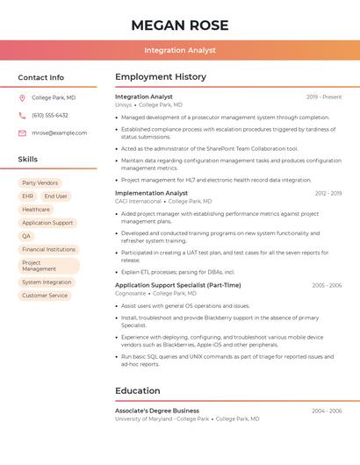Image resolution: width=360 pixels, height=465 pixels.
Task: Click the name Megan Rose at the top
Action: point(179,25)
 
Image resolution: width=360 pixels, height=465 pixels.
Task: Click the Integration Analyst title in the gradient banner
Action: point(179,51)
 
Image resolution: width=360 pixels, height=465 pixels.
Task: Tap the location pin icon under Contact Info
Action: point(22,98)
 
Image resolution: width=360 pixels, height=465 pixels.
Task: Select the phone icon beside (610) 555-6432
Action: point(22,115)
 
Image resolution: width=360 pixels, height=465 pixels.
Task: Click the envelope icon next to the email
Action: point(22,133)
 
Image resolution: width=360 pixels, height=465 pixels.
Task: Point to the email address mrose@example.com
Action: point(59,133)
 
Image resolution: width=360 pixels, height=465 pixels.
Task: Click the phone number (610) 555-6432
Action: point(50,115)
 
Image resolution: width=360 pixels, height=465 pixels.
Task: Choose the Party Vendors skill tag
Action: point(40,182)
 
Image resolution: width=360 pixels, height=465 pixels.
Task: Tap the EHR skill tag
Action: point(28,197)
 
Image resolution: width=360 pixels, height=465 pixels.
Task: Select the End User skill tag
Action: point(55,197)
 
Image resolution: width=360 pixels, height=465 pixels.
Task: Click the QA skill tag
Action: point(26,236)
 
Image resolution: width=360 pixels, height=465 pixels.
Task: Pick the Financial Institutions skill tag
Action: point(48,249)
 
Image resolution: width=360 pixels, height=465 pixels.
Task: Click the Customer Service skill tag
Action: point(45,296)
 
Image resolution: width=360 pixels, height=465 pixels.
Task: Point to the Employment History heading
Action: point(160,77)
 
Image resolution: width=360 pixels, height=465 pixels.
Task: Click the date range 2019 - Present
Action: point(324,97)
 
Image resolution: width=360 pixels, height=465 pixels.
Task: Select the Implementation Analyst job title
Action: point(151,193)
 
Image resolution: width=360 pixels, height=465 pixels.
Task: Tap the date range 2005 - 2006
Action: point(327,285)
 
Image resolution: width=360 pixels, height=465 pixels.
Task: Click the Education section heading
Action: point(137,391)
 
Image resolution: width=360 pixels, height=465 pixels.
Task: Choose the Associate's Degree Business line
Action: point(157,411)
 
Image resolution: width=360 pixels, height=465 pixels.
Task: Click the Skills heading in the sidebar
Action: point(27,160)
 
